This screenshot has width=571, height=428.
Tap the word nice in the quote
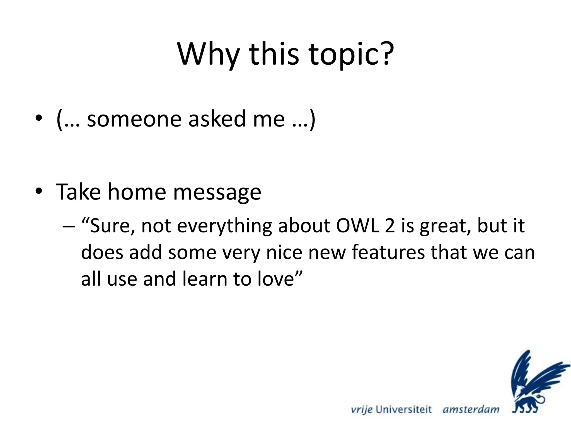284,252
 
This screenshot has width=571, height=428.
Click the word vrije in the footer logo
362,410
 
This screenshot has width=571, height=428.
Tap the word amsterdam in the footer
471,410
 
